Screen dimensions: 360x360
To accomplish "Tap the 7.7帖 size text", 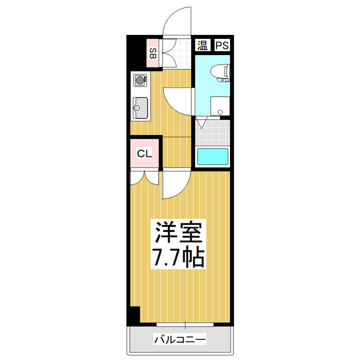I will click(179, 258).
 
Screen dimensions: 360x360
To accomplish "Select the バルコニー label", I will click(179, 340).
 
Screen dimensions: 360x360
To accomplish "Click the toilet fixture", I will click(220, 72).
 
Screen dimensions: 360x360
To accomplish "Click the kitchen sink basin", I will click(140, 107).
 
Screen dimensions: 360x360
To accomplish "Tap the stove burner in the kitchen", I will click(140, 80).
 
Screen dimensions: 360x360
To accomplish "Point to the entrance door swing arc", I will click(175, 22).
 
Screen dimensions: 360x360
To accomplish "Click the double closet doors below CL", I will click(144, 177).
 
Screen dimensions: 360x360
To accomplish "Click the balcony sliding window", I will click(185, 325).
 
